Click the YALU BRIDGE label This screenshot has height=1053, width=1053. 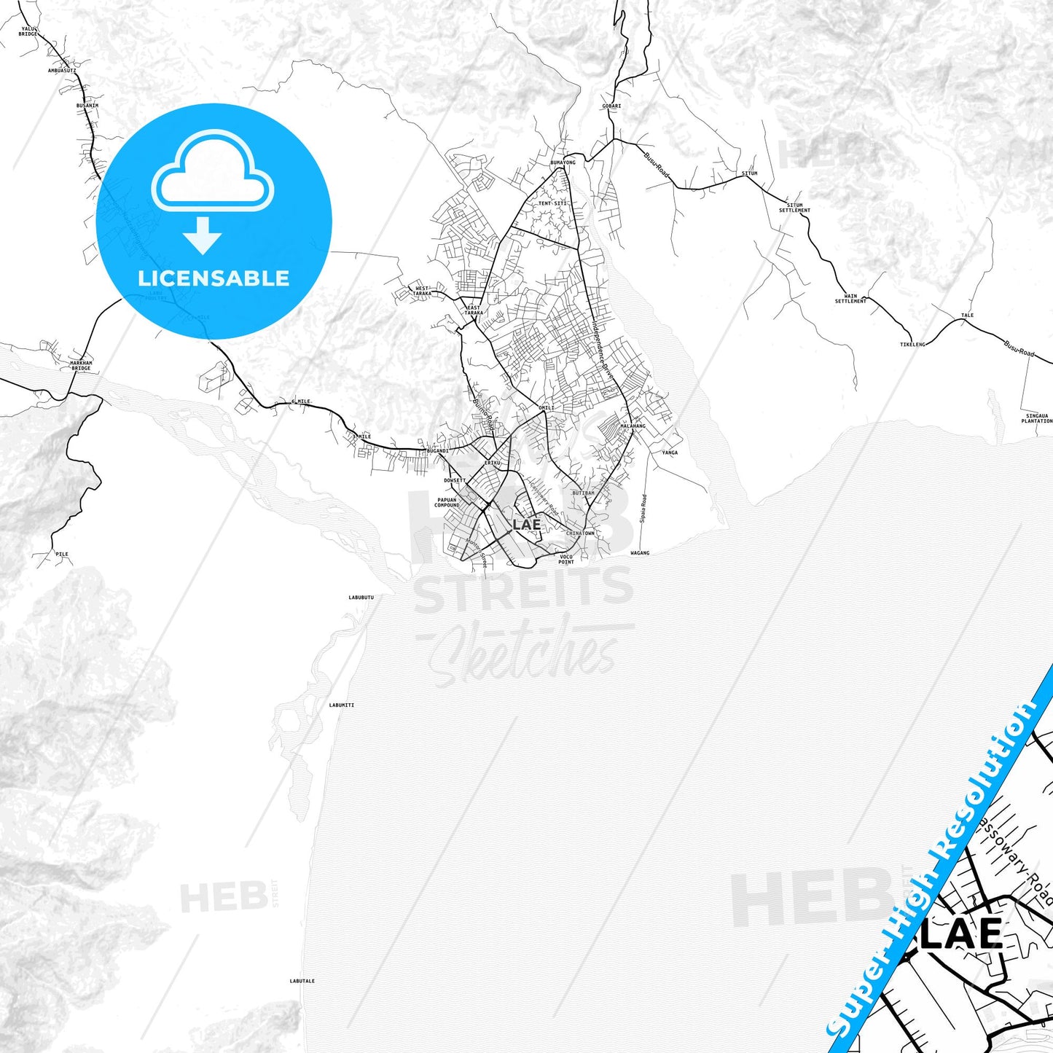click(28, 31)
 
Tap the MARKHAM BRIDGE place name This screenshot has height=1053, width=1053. click(81, 365)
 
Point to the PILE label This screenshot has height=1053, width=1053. click(62, 554)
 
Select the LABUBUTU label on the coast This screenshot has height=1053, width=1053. click(361, 598)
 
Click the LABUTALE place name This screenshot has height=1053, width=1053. click(302, 981)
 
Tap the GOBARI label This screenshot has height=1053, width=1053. click(611, 106)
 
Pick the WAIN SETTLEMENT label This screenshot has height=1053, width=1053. click(850, 299)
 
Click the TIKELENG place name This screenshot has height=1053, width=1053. click(912, 344)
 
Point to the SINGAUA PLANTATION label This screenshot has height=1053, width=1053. click(1036, 418)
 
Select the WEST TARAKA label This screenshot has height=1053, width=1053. click(422, 291)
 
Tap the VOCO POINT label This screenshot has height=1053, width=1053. click(566, 560)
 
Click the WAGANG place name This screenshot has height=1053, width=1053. click(639, 553)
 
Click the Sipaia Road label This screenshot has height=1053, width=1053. click(643, 509)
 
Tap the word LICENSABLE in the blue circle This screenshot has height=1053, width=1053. click(214, 278)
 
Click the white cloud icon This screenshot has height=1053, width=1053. click(213, 172)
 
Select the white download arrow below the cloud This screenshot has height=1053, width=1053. click(203, 235)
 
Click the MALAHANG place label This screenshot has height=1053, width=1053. click(633, 426)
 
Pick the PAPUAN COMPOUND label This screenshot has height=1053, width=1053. click(447, 503)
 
